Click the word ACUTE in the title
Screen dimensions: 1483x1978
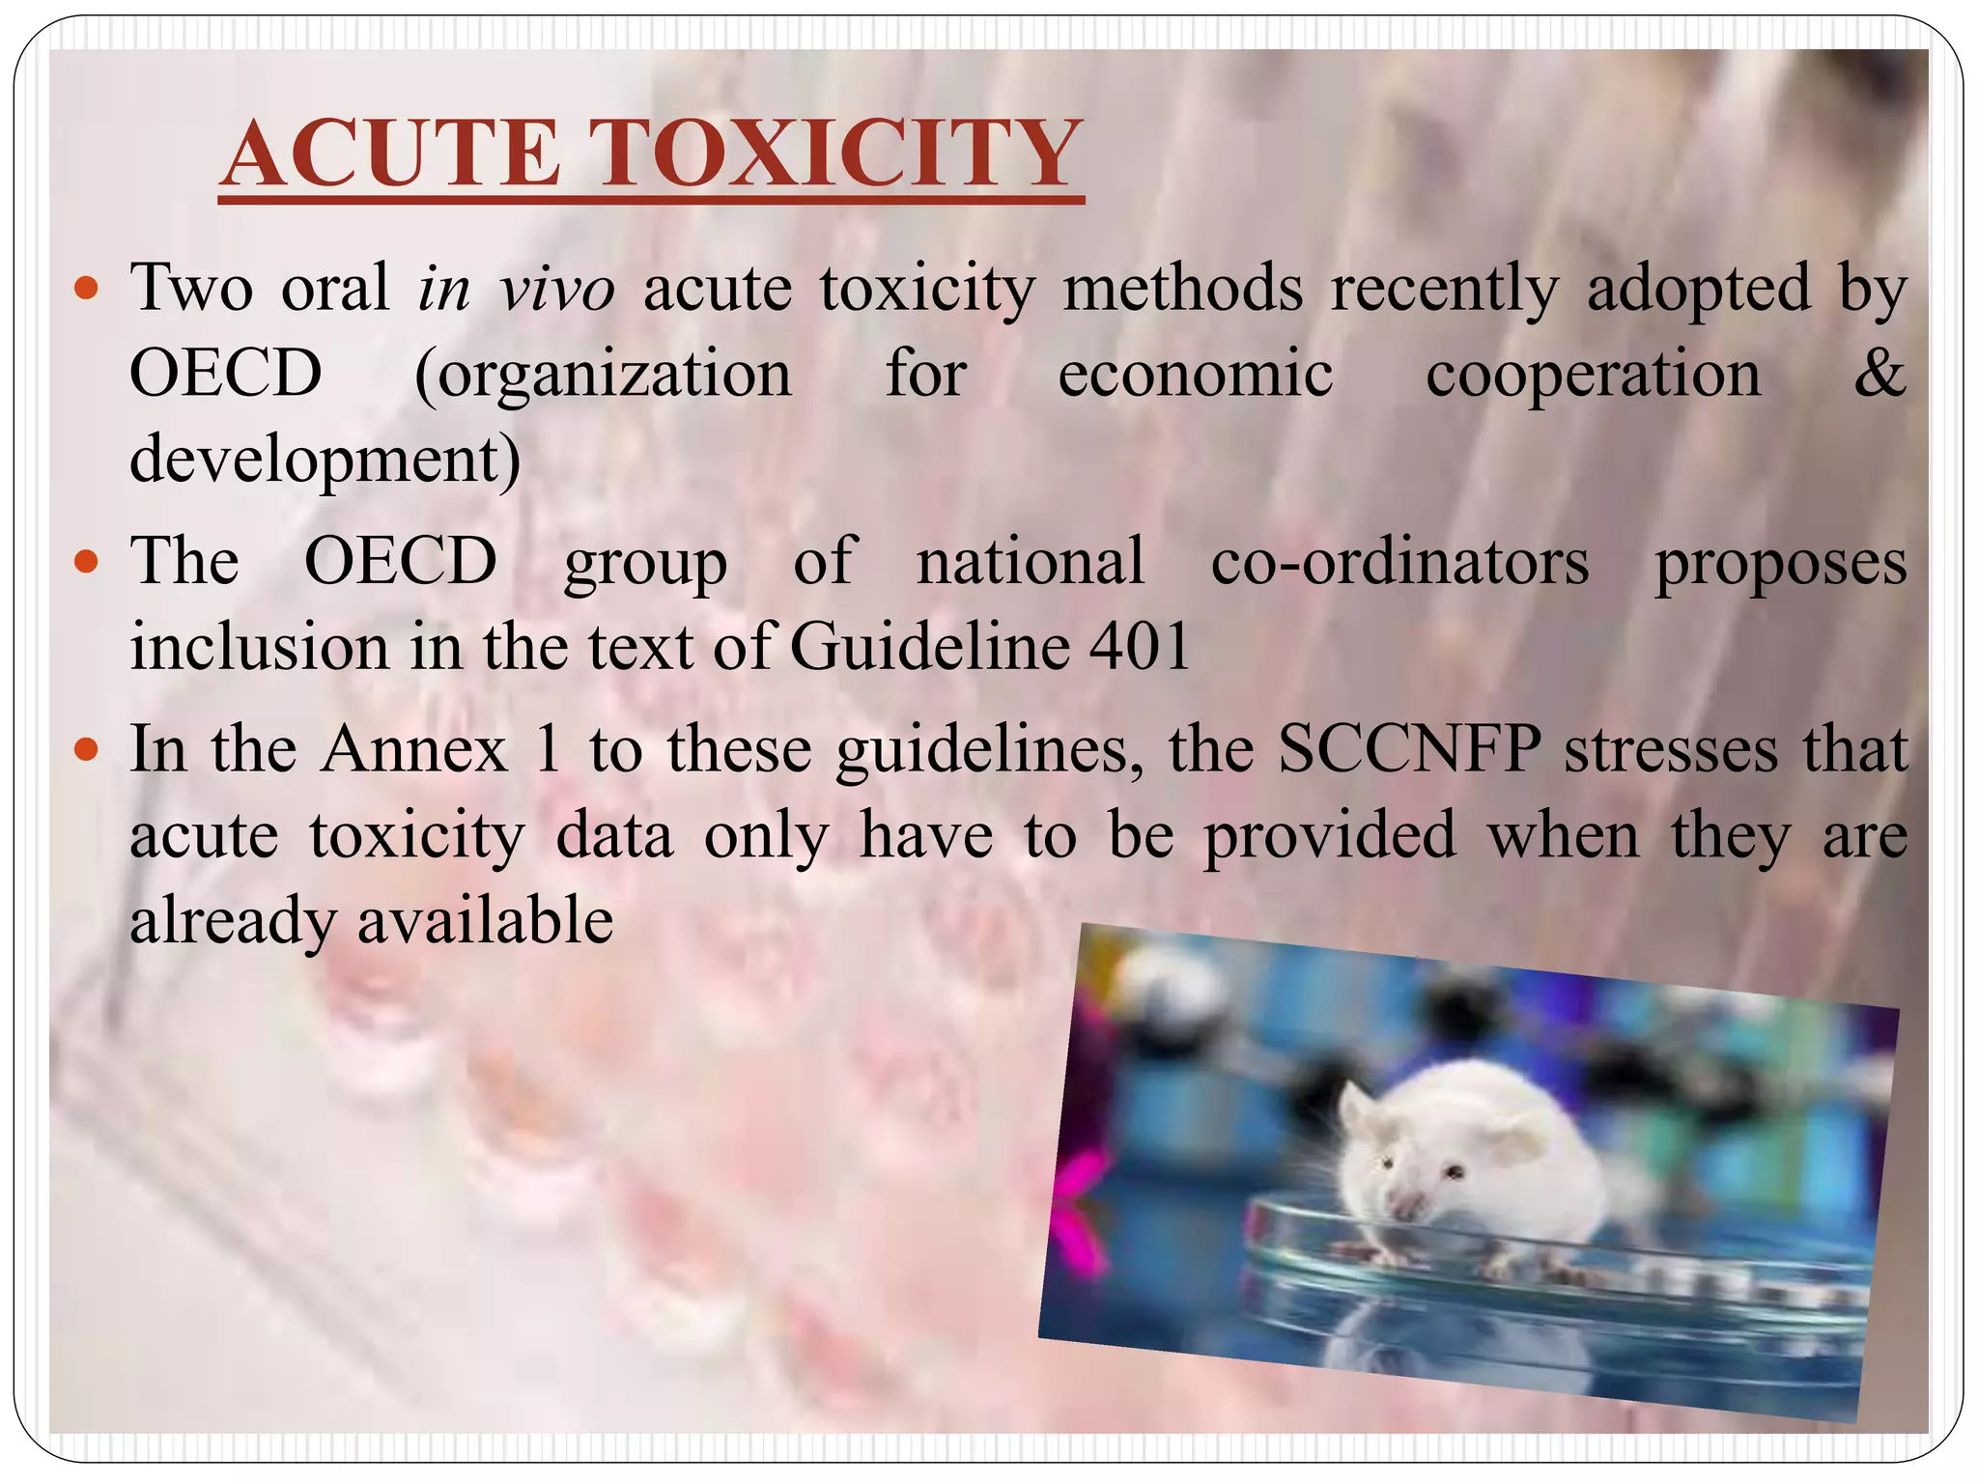[391, 154]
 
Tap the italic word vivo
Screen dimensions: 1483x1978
[557, 289]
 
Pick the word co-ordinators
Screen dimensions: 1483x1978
[1399, 562]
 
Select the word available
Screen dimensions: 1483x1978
[486, 920]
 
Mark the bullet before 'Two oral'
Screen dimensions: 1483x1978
[87, 289]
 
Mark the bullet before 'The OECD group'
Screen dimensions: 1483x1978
[87, 563]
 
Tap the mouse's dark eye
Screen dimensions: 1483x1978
[1452, 1172]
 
